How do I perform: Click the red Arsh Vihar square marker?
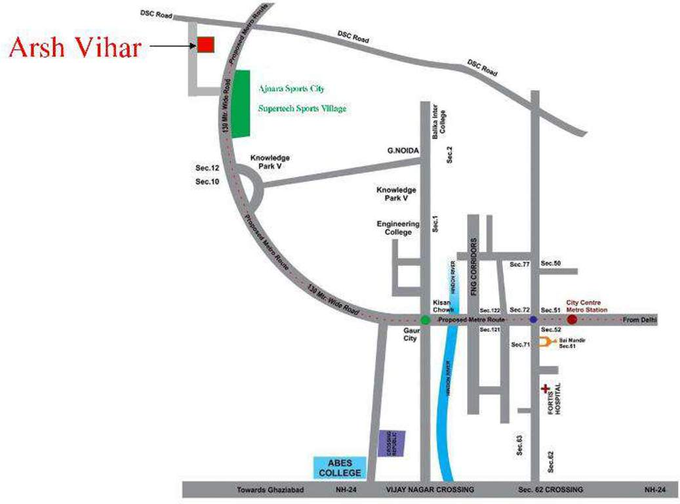pos(206,45)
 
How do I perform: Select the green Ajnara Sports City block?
pos(242,103)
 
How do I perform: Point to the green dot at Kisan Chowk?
pos(425,320)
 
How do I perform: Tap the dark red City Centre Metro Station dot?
pos(572,320)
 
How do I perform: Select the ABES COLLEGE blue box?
pos(340,467)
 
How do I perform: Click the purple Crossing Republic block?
pos(392,444)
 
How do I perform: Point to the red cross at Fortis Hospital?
pos(544,389)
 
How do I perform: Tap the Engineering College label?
pos(398,228)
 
